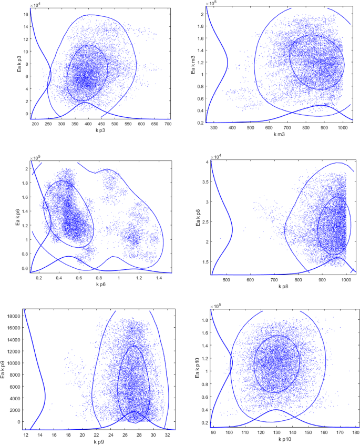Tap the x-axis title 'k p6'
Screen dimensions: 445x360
100,285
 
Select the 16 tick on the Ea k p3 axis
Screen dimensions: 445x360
24,15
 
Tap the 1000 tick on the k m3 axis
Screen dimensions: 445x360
343,127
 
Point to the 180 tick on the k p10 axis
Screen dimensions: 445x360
356,433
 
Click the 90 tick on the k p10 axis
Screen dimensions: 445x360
213,433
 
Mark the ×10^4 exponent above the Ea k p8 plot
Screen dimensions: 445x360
215,157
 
